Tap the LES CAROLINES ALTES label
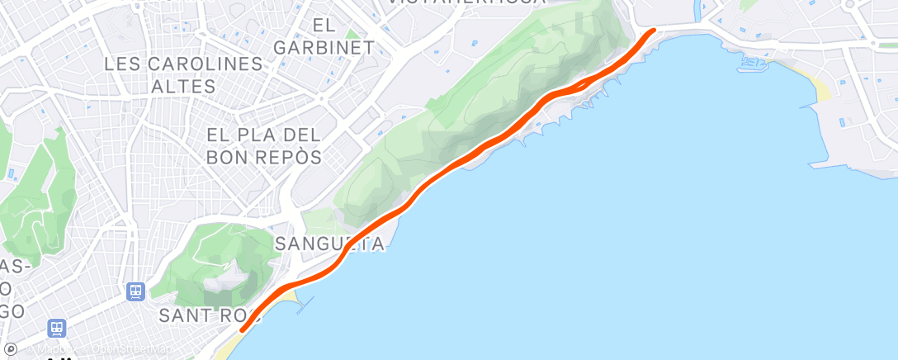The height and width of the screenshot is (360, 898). [x=183, y=75]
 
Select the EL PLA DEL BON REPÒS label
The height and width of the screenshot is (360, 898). [x=264, y=144]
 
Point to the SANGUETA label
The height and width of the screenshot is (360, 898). [x=329, y=244]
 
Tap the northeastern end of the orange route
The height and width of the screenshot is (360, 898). [x=654, y=31]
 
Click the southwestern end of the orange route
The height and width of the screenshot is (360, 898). [x=242, y=329]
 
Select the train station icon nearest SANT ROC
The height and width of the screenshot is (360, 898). [x=135, y=291]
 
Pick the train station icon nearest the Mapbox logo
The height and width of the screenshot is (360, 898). [x=57, y=328]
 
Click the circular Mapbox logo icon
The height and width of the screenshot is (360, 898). [x=10, y=350]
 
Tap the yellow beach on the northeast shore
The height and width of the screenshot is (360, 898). [x=820, y=87]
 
